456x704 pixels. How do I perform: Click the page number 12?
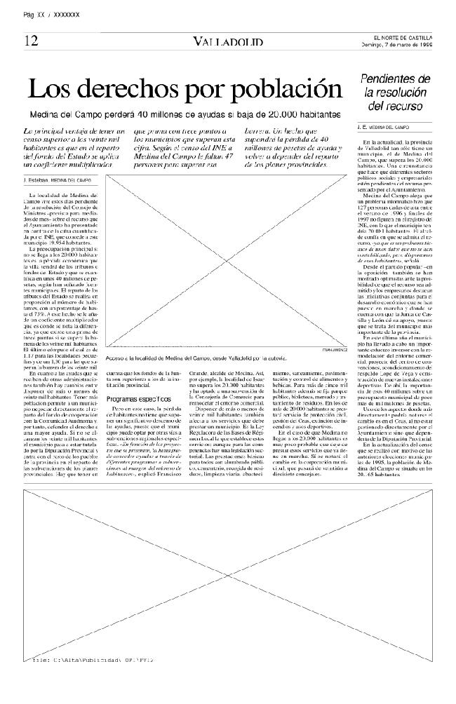click(31, 40)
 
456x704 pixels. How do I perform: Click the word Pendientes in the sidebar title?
click(395, 79)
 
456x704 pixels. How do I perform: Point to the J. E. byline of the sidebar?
click(361, 128)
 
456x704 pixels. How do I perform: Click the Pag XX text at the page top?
click(34, 14)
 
